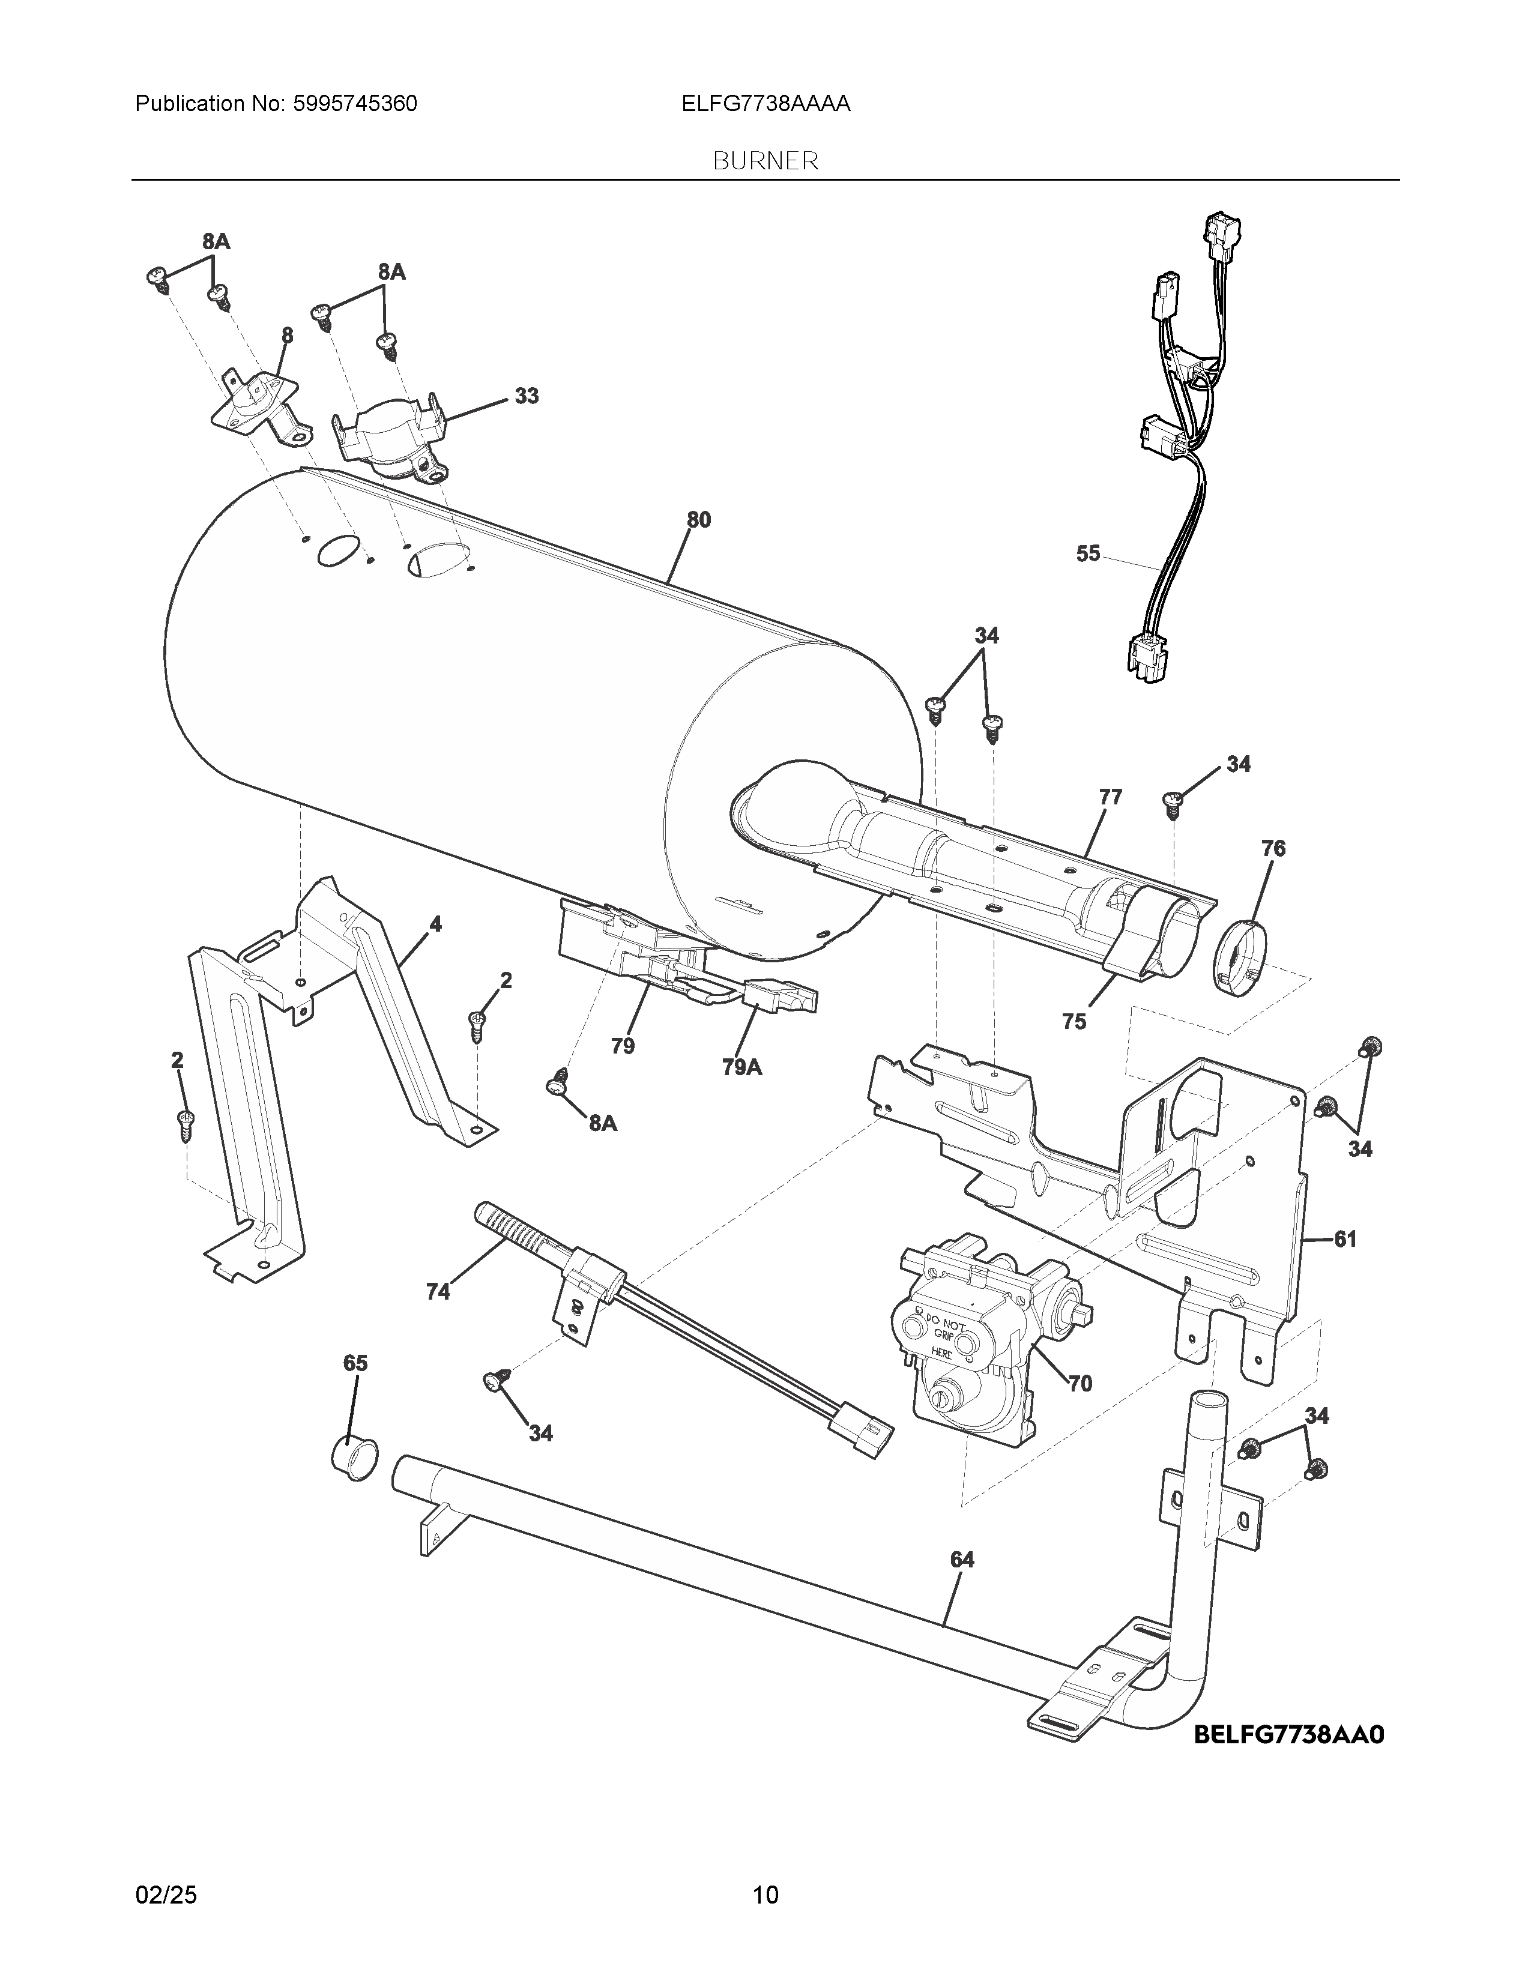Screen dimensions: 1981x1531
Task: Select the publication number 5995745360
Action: [355, 104]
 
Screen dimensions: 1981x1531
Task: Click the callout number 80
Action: [698, 520]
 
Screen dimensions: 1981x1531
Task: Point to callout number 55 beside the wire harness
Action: [1087, 553]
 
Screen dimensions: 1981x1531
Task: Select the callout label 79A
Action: [742, 1067]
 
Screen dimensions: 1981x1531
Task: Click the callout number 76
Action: [1273, 849]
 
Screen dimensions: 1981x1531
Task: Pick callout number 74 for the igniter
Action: [438, 1292]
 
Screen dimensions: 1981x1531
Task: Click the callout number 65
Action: [355, 1389]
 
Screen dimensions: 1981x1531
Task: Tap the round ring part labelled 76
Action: [1239, 954]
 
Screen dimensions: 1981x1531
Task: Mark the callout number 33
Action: [526, 396]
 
